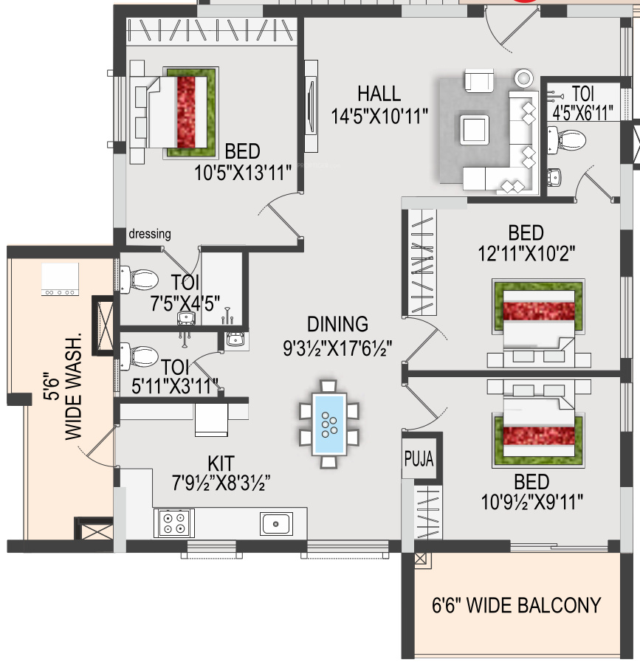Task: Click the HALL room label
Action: click(x=379, y=94)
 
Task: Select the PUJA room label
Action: click(x=419, y=458)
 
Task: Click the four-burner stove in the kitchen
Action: click(x=174, y=523)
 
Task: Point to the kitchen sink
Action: click(x=276, y=523)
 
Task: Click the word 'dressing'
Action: click(x=149, y=234)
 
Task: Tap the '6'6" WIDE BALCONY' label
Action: click(x=516, y=605)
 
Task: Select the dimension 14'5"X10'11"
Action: click(x=379, y=117)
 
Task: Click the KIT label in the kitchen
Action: click(x=221, y=463)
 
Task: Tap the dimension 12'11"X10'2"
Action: click(x=526, y=253)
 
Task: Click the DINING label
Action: click(x=337, y=324)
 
